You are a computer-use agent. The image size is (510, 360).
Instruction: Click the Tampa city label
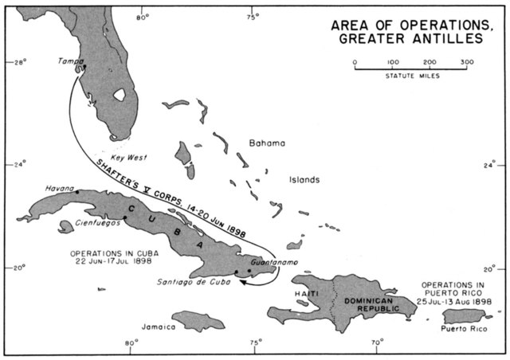point(72,60)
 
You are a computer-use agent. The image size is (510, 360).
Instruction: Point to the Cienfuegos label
point(98,223)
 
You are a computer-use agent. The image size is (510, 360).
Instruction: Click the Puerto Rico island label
point(462,327)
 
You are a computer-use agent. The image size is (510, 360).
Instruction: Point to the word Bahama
point(267,143)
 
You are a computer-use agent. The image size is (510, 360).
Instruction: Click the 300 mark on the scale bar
point(466,61)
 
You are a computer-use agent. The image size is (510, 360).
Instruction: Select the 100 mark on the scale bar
point(392,61)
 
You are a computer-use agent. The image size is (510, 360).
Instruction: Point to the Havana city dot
point(77,192)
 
